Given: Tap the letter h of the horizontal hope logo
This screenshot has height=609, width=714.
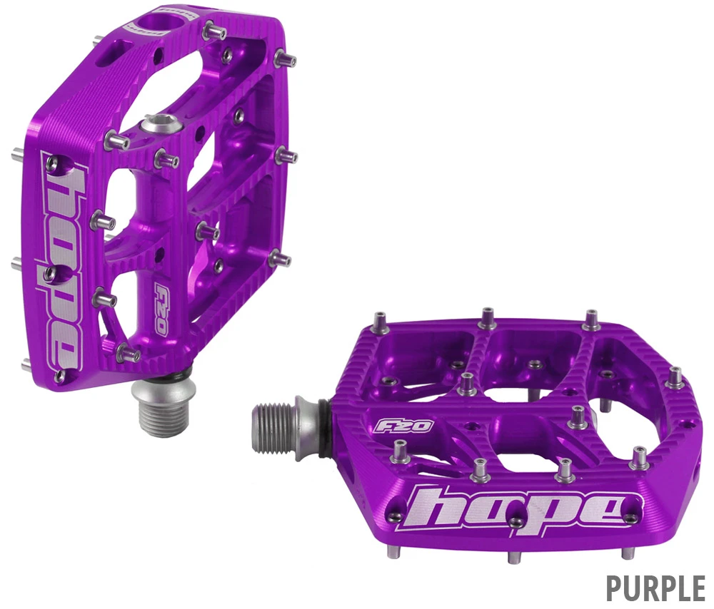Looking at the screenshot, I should tap(433, 508).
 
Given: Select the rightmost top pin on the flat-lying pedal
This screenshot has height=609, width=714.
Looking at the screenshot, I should tap(675, 377).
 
